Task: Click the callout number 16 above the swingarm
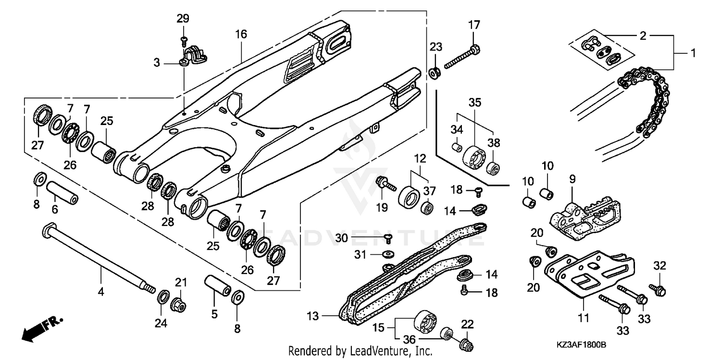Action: tap(241, 34)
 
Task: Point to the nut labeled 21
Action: tap(178, 304)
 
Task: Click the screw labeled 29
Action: tap(183, 38)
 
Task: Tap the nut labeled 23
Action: tap(435, 73)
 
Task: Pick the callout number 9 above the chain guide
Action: tap(572, 179)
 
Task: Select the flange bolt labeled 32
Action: tap(658, 289)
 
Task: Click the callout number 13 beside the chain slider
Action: tap(313, 316)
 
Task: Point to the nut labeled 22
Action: tap(465, 344)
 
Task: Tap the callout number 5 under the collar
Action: tap(214, 315)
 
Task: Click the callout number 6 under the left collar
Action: tap(55, 210)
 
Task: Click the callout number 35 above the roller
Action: tap(475, 103)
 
